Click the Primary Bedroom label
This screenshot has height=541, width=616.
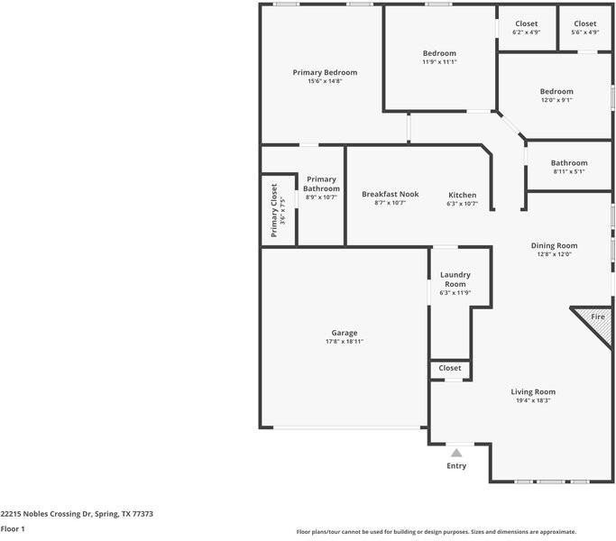[x=325, y=72]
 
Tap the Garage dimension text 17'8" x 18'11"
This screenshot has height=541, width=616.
[x=345, y=342]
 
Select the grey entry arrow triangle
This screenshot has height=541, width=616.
[x=456, y=453]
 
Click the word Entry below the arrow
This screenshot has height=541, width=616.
[x=456, y=465]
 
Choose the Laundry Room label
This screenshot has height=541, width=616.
[x=455, y=280]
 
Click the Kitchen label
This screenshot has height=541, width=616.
[x=463, y=195]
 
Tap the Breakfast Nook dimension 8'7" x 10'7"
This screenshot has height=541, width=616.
[x=390, y=203]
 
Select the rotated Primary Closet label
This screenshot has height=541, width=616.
[x=274, y=211]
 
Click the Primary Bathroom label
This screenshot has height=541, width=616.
[x=321, y=184]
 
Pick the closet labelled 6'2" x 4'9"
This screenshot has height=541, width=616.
[x=527, y=28]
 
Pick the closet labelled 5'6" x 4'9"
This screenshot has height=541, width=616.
[x=585, y=28]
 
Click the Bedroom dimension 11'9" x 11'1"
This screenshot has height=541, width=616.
[x=439, y=61]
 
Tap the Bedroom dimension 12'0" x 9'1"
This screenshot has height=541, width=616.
[x=556, y=100]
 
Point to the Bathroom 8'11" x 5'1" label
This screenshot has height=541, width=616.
[x=569, y=167]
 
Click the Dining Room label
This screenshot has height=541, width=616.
[x=554, y=245]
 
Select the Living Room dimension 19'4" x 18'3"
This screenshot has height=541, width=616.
[x=533, y=400]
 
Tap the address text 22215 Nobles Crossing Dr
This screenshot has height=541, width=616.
[x=46, y=514]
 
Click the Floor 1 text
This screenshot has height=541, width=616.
[x=13, y=528]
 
